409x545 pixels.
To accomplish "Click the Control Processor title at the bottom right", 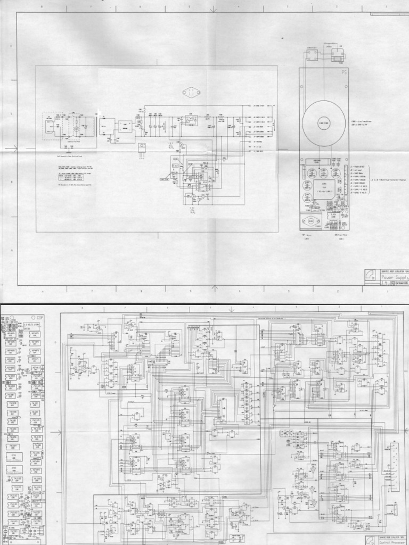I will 391,542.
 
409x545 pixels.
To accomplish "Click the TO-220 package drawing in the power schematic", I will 143,148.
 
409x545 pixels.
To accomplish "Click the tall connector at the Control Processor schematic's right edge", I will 394,460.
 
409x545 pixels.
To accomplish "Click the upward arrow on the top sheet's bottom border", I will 215,288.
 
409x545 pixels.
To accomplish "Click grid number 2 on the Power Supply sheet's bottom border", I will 338,291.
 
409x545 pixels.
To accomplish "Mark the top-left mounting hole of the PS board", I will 302,71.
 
